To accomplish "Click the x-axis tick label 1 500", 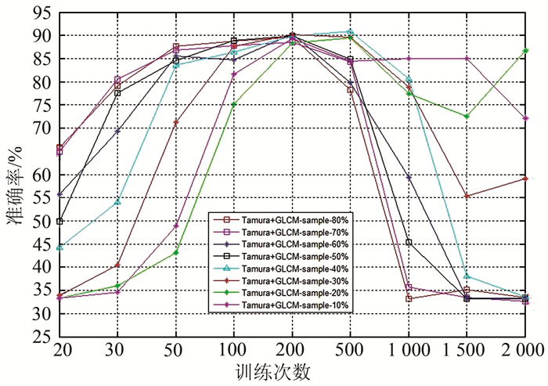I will pos(467,349).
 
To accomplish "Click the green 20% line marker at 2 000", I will pos(526,51).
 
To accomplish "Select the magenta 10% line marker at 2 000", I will pos(526,118).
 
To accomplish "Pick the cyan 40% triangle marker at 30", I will pos(118,202).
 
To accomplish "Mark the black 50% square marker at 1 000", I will pos(409,243).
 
